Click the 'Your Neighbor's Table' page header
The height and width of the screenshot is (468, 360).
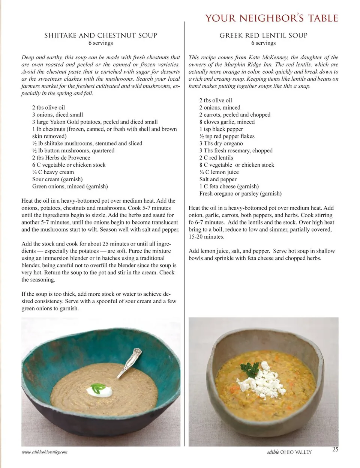(x=271, y=18)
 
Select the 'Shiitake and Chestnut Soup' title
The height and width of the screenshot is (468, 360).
(x=100, y=36)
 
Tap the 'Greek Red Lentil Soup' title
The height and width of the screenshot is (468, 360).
(x=263, y=36)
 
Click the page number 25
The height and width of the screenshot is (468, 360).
(x=335, y=449)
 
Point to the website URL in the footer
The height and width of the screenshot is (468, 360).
(x=45, y=452)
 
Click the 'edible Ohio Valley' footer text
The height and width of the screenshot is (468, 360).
(x=287, y=452)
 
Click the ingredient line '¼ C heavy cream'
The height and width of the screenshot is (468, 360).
(x=53, y=172)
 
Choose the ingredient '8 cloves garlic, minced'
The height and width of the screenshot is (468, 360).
(x=227, y=122)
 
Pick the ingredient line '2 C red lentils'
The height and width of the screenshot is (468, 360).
(x=216, y=158)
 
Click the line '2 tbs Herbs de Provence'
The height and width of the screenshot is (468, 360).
(x=61, y=158)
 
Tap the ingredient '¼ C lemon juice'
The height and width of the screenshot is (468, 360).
(x=219, y=172)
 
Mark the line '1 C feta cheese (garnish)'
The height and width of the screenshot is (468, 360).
(x=229, y=187)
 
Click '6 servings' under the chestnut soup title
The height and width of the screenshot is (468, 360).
(x=100, y=43)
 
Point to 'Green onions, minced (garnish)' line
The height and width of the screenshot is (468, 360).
(x=70, y=187)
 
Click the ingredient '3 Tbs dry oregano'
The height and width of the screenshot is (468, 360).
(x=221, y=144)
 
